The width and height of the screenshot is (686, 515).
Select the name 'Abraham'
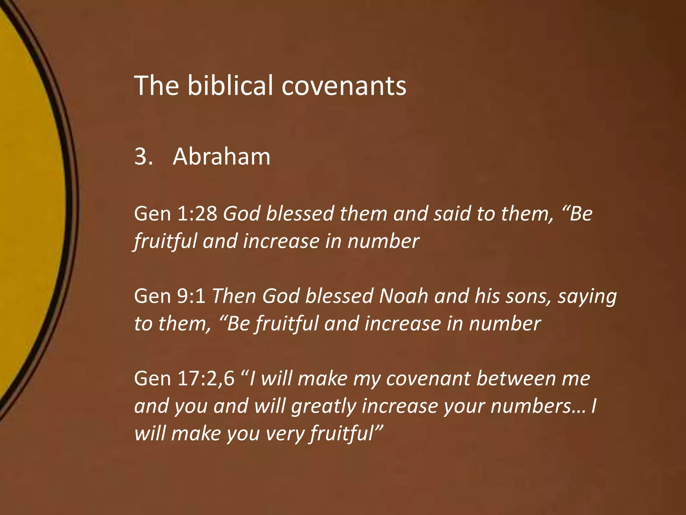pyautogui.click(x=221, y=157)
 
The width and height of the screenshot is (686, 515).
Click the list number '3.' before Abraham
pyautogui.click(x=143, y=157)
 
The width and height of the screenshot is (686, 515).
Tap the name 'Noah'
pyautogui.click(x=404, y=296)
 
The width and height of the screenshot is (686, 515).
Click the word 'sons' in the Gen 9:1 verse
pyautogui.click(x=528, y=296)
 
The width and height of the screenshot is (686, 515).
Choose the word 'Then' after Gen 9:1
pyautogui.click(x=234, y=296)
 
